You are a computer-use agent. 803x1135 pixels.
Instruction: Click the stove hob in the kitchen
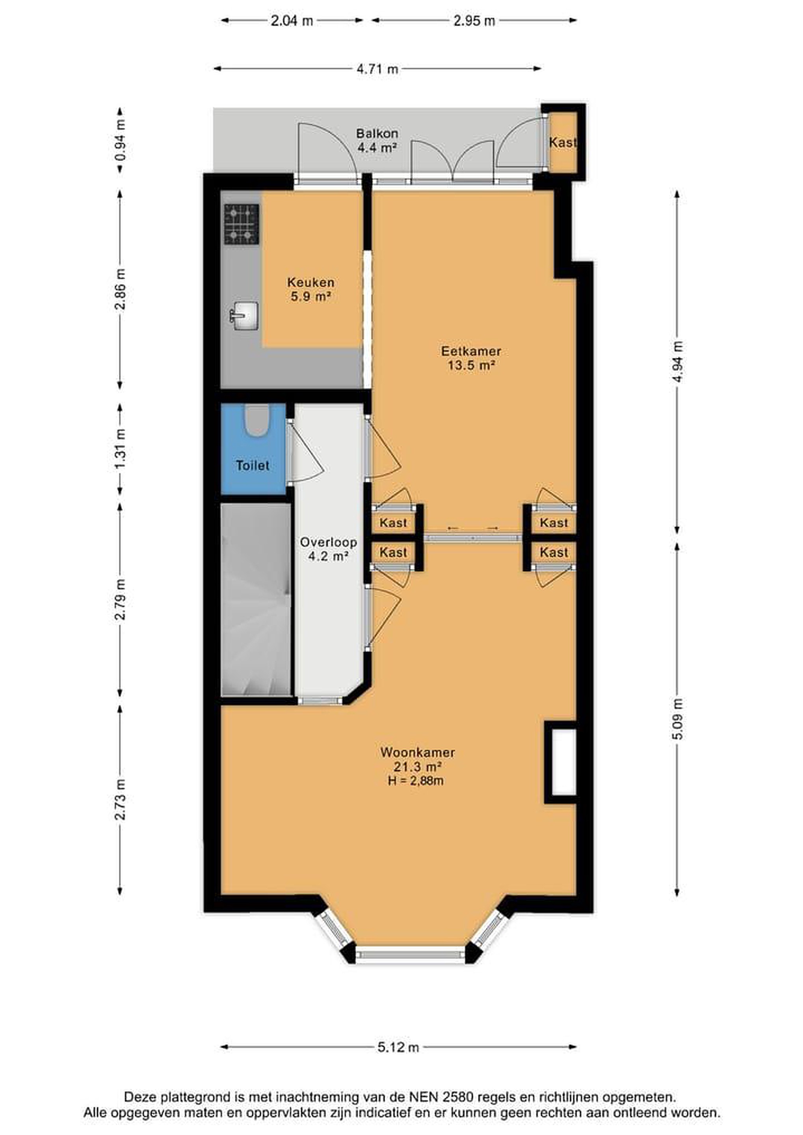click(242, 225)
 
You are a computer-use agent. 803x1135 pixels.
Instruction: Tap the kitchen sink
click(245, 316)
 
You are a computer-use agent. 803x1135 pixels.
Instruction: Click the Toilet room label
click(253, 465)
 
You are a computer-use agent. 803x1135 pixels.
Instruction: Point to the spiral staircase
click(255, 599)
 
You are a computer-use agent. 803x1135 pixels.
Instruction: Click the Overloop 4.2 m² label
click(328, 549)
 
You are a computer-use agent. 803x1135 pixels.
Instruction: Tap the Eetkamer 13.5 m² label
click(471, 358)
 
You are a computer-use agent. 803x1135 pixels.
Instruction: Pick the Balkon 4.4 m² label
click(377, 140)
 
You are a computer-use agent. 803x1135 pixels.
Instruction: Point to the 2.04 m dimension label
click(292, 21)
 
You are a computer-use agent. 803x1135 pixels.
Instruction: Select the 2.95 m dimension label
click(474, 21)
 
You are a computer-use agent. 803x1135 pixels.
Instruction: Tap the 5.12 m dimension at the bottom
click(398, 1047)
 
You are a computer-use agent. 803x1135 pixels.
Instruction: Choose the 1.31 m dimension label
click(120, 450)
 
